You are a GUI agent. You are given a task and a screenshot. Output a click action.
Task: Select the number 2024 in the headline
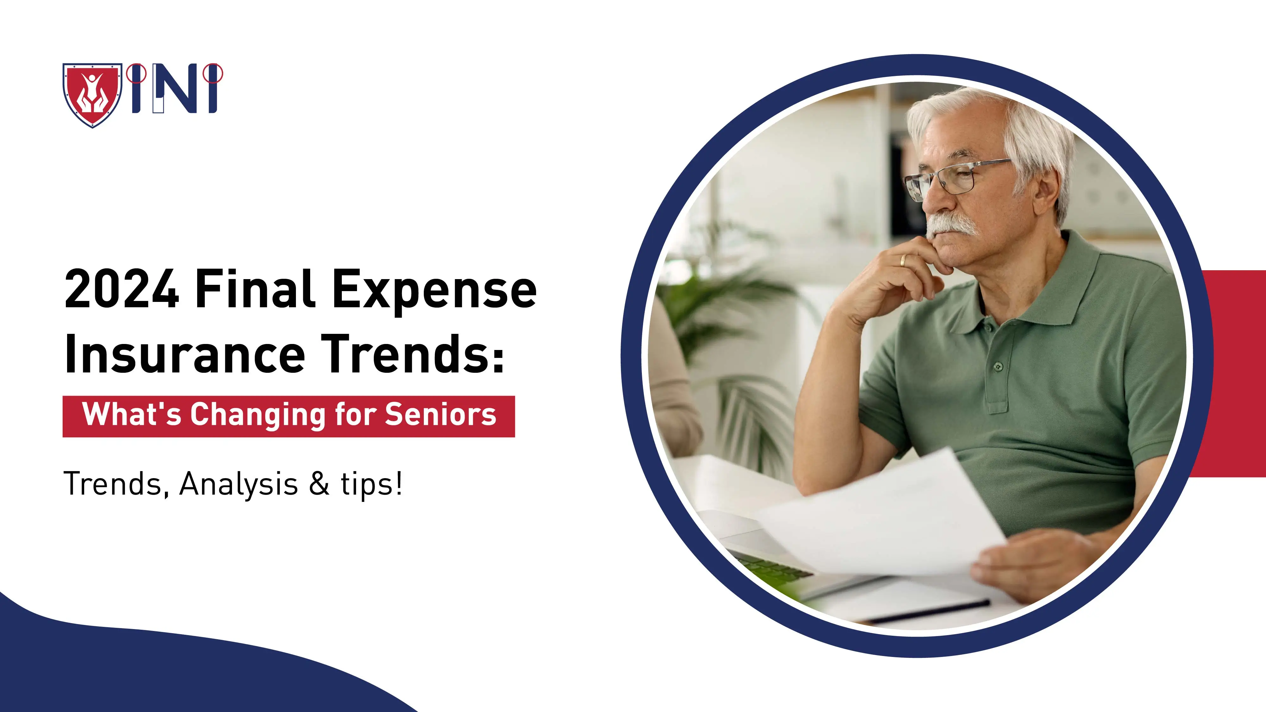click(x=122, y=290)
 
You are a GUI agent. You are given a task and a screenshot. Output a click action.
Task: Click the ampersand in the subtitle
click(x=319, y=484)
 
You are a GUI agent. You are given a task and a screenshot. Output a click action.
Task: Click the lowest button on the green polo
click(x=998, y=366)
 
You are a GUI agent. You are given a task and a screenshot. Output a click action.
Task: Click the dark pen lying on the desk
click(x=929, y=612)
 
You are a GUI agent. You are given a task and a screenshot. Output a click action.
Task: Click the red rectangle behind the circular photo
click(x=1234, y=373)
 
